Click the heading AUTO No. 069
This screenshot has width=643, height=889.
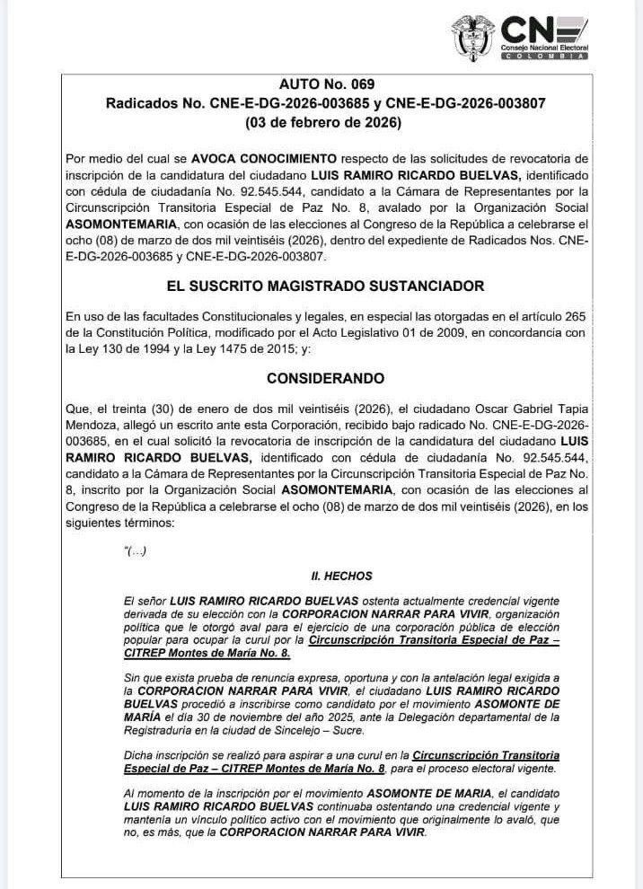click(321, 85)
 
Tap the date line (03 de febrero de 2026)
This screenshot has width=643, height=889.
click(321, 121)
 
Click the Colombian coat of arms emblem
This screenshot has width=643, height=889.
click(473, 37)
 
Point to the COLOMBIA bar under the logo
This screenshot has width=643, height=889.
click(544, 56)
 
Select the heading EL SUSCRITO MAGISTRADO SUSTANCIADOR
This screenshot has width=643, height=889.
click(321, 286)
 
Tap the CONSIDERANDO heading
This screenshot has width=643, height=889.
click(321, 378)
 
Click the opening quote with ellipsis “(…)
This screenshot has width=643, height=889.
click(135, 550)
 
